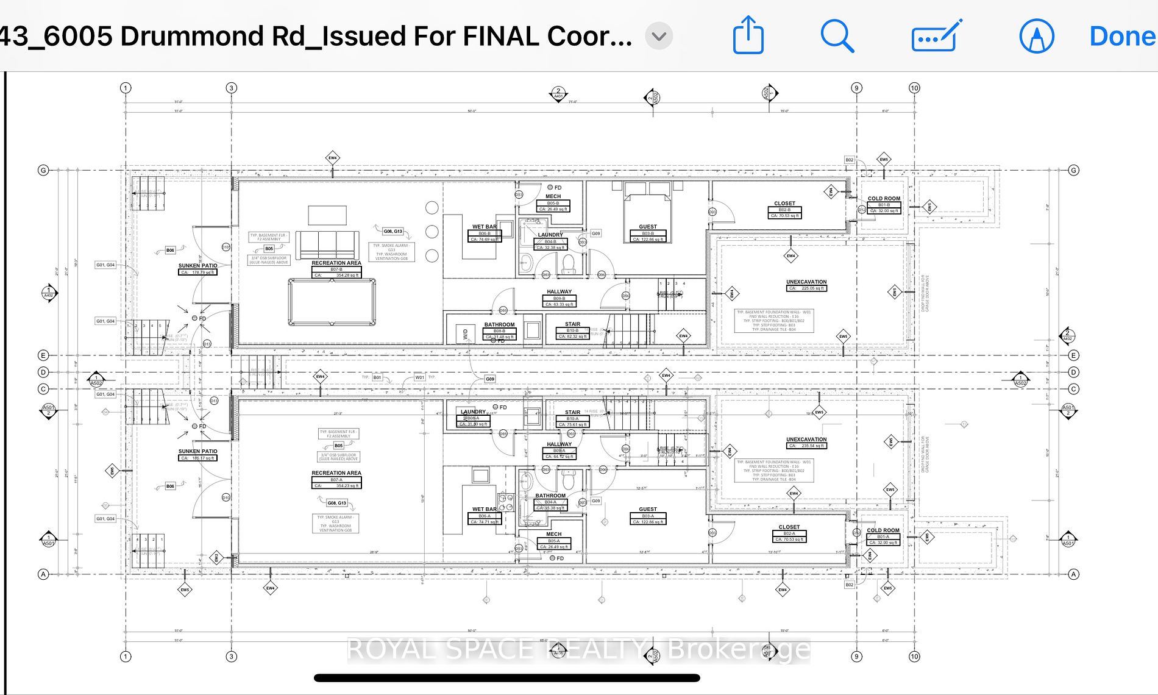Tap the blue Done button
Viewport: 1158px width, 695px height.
[x=1122, y=36]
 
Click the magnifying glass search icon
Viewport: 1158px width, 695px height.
[x=837, y=36]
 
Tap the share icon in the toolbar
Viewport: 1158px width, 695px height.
[x=748, y=36]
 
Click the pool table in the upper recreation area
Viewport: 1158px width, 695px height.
[x=332, y=302]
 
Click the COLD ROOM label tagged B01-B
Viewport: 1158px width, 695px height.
[x=884, y=199]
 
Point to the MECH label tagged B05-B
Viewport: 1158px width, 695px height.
[x=553, y=196]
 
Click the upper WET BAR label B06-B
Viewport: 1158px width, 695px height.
[x=485, y=227]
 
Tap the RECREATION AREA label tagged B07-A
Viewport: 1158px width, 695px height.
[x=336, y=473]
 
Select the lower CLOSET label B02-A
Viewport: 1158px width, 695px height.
[x=789, y=527]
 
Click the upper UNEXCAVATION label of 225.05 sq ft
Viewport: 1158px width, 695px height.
[x=806, y=282]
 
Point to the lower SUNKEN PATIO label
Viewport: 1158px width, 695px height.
[x=197, y=452]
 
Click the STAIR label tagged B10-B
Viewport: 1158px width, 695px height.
[x=572, y=324]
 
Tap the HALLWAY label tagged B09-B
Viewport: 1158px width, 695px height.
[x=559, y=292]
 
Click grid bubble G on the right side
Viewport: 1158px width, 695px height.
[x=1074, y=170]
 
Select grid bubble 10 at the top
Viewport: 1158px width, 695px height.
[x=914, y=88]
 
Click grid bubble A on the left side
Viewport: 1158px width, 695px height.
[x=43, y=574]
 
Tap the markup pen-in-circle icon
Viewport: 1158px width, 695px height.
[x=1036, y=36]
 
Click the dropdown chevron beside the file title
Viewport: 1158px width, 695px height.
[x=659, y=36]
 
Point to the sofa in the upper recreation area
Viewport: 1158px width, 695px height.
[x=327, y=245]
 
